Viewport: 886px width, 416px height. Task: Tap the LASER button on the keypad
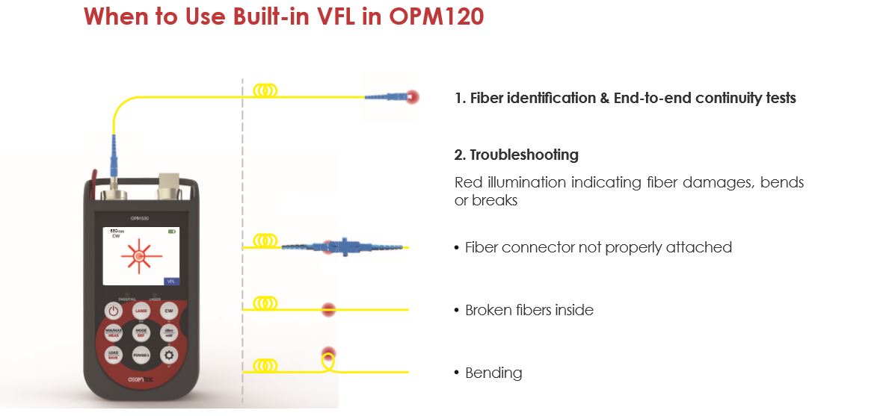tap(141, 310)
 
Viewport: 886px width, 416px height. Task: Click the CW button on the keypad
tap(169, 310)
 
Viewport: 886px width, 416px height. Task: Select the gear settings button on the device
tap(169, 356)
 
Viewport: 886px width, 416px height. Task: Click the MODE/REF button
tap(141, 333)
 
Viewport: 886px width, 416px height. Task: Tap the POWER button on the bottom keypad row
tap(141, 356)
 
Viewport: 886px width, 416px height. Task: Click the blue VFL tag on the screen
tap(171, 281)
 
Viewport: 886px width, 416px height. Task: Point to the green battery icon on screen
tap(173, 232)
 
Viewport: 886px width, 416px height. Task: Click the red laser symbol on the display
tap(138, 256)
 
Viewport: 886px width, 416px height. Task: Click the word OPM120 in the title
tap(437, 16)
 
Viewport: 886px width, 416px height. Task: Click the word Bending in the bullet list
tap(493, 373)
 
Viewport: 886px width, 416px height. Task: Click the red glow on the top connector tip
tap(411, 97)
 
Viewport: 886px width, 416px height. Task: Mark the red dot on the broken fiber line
tap(327, 309)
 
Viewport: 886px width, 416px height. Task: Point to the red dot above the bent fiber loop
tap(327, 353)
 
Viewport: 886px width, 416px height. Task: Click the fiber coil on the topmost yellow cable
tap(265, 90)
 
